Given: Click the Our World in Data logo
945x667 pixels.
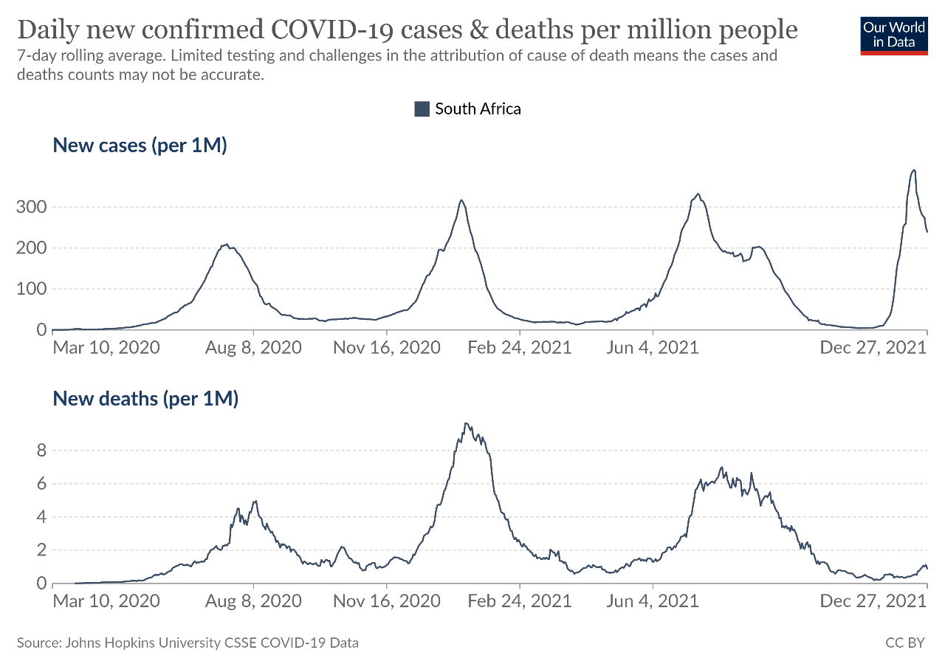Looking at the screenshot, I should click(894, 35).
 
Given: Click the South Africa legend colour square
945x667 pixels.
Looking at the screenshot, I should click(422, 109).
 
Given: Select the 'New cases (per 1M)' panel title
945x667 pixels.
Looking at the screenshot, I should click(140, 146).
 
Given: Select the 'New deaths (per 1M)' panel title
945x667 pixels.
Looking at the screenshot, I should click(145, 400).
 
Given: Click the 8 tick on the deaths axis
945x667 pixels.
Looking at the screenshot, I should click(42, 451).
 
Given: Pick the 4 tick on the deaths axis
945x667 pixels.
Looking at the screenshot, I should click(42, 517).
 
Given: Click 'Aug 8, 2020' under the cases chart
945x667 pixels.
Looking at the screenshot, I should click(253, 347).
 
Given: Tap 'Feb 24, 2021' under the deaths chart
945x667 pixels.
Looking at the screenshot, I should click(520, 601).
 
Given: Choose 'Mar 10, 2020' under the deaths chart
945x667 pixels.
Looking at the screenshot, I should click(106, 601).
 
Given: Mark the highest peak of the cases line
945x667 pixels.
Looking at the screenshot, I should click(914, 171).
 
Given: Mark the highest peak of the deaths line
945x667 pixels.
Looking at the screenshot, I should click(465, 423).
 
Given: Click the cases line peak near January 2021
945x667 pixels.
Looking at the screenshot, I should click(461, 200).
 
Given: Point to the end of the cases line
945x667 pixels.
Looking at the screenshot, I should click(927, 232).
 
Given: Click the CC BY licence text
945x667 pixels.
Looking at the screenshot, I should click(904, 643).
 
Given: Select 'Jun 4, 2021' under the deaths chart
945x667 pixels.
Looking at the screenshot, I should click(653, 601).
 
